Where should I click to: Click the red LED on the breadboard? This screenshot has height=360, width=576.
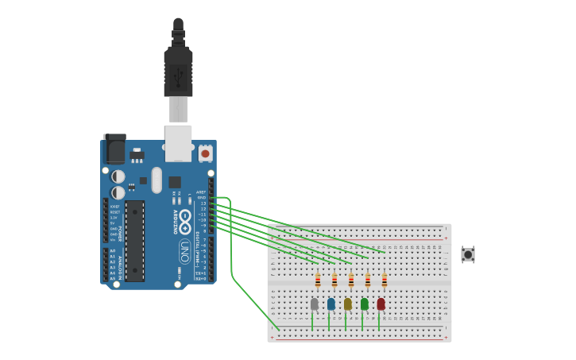pyautogui.click(x=381, y=304)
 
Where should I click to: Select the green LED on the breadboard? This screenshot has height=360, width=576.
pyautogui.click(x=364, y=304)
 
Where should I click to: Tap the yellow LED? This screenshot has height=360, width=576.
pyautogui.click(x=347, y=304)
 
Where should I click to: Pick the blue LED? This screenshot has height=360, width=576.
pyautogui.click(x=331, y=304)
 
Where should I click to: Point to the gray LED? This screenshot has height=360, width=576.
pyautogui.click(x=314, y=304)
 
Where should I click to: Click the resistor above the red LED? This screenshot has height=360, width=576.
pyautogui.click(x=385, y=281)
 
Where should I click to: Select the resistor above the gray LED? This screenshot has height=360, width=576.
pyautogui.click(x=318, y=281)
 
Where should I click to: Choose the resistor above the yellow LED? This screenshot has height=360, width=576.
pyautogui.click(x=351, y=281)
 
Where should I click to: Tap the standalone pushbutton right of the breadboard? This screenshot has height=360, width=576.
pyautogui.click(x=468, y=254)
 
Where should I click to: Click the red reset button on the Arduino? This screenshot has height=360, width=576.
pyautogui.click(x=205, y=153)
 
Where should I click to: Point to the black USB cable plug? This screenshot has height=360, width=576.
pyautogui.click(x=178, y=72)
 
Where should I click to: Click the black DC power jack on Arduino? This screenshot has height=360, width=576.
pyautogui.click(x=114, y=149)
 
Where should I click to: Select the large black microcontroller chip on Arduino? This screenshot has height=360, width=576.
pyautogui.click(x=135, y=241)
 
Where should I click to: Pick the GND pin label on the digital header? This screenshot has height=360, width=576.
pyautogui.click(x=202, y=198)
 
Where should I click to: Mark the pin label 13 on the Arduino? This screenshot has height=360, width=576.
pyautogui.click(x=203, y=203)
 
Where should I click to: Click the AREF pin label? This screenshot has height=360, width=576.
pyautogui.click(x=201, y=192)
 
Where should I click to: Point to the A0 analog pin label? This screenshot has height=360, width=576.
pyautogui.click(x=112, y=251)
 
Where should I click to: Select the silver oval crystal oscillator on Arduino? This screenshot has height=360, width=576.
pyautogui.click(x=157, y=180)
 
